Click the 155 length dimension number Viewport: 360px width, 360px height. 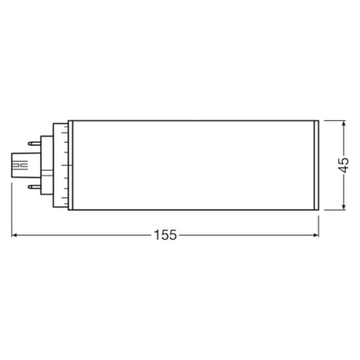tap(165, 234)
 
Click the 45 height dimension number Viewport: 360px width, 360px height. tap(343, 165)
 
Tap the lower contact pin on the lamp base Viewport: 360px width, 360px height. tap(34, 186)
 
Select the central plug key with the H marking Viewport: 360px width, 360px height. tap(21, 164)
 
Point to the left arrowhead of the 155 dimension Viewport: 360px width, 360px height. tap(14, 234)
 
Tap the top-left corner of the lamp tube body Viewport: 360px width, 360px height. tap(68, 121)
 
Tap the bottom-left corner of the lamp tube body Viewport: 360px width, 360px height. tap(68, 209)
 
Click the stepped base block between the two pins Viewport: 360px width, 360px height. tap(46, 165)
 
